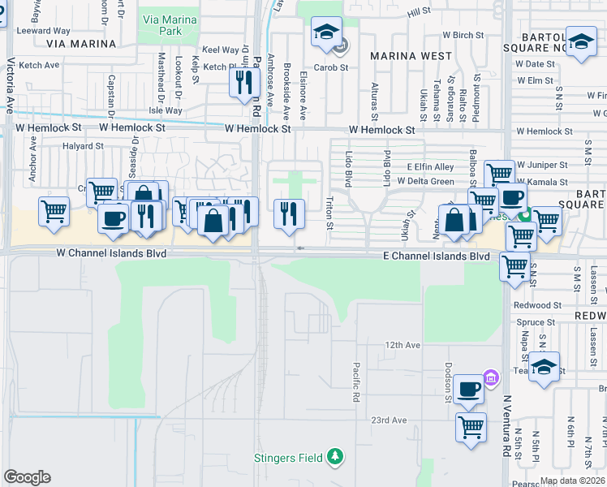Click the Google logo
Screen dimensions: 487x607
(27, 477)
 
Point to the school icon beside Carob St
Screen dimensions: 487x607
(326, 33)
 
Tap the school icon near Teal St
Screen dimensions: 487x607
(545, 367)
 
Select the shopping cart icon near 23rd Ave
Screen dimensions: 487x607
(471, 426)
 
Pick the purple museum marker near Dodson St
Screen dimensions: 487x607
(490, 377)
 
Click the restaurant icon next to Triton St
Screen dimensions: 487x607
(290, 214)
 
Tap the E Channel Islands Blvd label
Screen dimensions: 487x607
(437, 256)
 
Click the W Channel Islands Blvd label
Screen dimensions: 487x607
(111, 253)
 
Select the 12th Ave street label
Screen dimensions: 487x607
(403, 345)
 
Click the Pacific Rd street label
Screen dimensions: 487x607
(356, 382)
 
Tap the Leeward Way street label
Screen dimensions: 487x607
(44, 31)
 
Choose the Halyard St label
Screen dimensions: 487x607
(84, 147)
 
